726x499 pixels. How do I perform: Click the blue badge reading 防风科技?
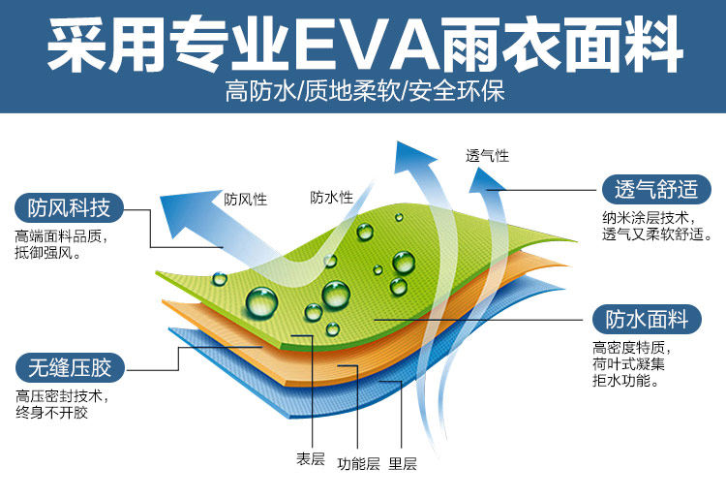69,207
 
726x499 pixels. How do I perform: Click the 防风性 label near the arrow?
245,201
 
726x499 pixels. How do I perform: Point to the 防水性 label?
331,198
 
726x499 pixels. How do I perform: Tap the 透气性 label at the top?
487,155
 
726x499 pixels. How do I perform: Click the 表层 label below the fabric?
310,458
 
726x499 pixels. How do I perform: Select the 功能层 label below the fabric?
358,463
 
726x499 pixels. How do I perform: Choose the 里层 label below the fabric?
403,463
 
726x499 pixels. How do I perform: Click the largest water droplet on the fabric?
260,301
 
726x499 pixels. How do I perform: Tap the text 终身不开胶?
51,414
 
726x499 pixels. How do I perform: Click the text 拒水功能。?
625,382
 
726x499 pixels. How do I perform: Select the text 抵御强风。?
47,253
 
